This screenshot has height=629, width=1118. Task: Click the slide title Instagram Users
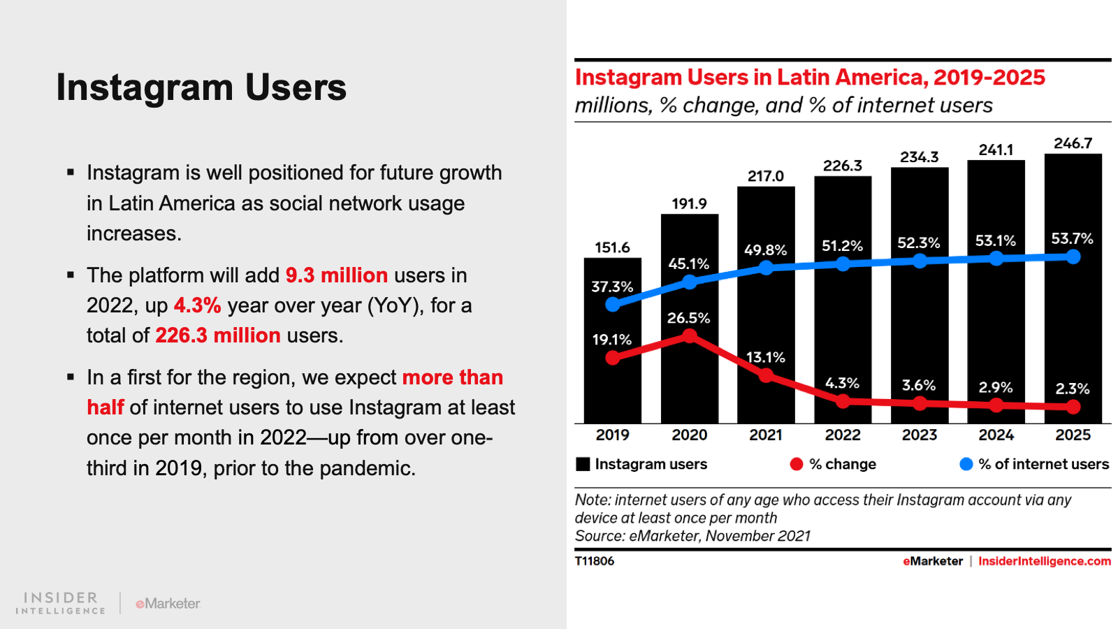pos(201,87)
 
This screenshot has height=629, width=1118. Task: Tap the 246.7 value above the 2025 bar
pos(1073,143)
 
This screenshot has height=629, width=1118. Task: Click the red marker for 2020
pos(690,336)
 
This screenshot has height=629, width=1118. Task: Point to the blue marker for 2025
pos(1073,257)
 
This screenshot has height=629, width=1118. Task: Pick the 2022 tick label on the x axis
pos(843,435)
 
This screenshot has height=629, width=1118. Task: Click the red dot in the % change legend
pos(797,464)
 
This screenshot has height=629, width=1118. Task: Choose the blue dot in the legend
pos(966,464)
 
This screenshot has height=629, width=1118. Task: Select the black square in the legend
pos(583,464)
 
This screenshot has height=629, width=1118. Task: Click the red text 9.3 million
pos(337,275)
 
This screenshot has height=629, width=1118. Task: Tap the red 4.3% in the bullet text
pos(197,305)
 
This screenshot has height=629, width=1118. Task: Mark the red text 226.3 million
pos(218,335)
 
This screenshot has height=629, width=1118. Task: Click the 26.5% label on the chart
pos(688,318)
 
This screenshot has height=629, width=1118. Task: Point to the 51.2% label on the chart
pos(842,246)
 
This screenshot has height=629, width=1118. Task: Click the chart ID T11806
pos(595,561)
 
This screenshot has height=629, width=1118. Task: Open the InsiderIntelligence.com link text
pos(1044,561)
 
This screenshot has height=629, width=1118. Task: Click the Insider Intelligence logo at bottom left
pos(61,602)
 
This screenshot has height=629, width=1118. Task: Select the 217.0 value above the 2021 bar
pos(766,176)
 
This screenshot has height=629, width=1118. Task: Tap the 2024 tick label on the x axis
pos(996,435)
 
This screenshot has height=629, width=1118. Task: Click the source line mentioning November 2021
pos(692,536)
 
